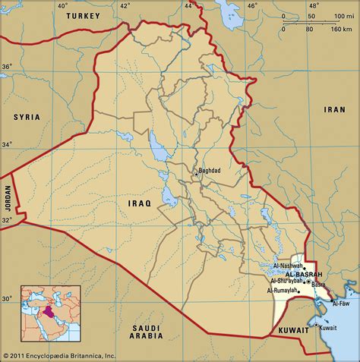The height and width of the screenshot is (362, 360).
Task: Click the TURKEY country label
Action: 83,16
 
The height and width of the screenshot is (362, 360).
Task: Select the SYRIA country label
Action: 27,117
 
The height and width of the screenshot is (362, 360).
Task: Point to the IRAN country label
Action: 334,109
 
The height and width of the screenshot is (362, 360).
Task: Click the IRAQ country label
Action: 140,203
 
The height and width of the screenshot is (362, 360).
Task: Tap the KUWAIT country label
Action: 293,332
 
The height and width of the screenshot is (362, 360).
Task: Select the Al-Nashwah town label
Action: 287,266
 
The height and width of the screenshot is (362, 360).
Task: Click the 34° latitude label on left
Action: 6,144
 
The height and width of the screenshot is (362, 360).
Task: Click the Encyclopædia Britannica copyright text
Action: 59,355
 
